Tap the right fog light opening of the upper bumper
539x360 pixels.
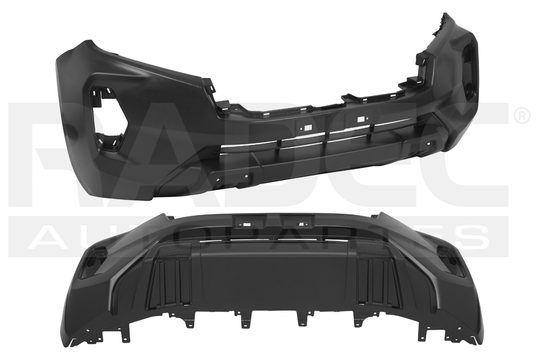tap(468, 71)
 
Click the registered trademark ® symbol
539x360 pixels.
tap(521, 116)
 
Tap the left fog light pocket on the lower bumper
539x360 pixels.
tap(93, 262)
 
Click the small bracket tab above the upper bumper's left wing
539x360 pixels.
tap(209, 84)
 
